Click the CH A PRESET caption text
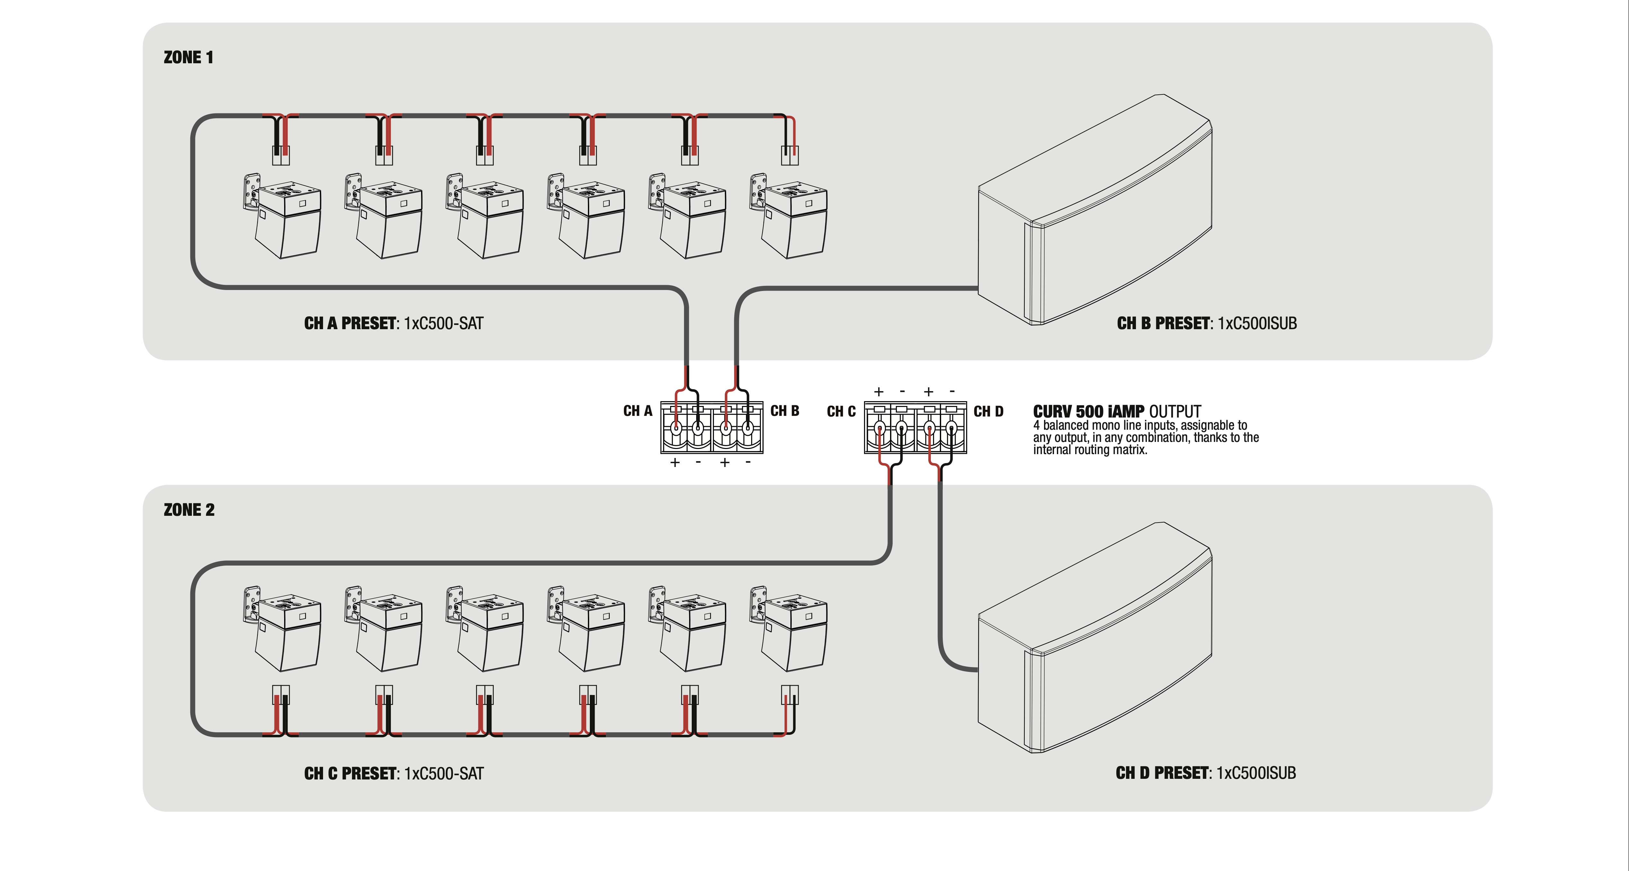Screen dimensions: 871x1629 [393, 324]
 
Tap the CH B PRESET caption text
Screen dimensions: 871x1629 [1207, 324]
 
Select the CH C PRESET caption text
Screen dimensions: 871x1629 [393, 774]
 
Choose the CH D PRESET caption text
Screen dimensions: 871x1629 [1205, 773]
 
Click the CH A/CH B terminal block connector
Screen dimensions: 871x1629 [711, 427]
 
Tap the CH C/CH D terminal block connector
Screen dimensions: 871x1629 [915, 427]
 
